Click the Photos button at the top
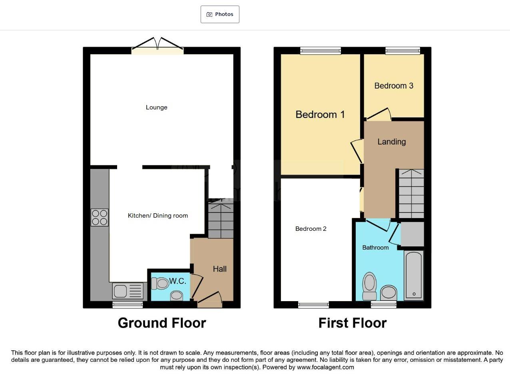click(220, 14)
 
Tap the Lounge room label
click(156, 107)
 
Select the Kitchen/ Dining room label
click(157, 216)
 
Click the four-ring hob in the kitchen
click(100, 218)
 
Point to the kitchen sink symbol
click(127, 291)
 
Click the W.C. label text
click(177, 281)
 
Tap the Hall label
click(219, 269)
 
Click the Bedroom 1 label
click(320, 115)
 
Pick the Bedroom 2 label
click(311, 229)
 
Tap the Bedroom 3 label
click(393, 86)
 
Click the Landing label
click(391, 142)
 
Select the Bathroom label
click(375, 248)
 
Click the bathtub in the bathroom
click(414, 276)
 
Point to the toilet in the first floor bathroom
click(369, 286)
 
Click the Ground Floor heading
click(162, 323)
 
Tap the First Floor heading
click(352, 323)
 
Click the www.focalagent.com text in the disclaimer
click(325, 367)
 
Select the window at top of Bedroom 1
click(321, 50)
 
